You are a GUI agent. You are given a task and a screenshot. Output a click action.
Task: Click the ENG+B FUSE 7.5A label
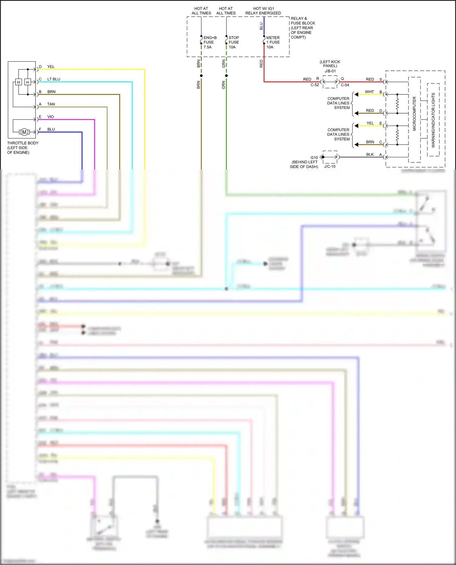[210, 43]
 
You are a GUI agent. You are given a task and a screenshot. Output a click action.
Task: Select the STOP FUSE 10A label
[234, 43]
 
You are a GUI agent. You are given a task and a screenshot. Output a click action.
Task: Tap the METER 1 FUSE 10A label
[273, 43]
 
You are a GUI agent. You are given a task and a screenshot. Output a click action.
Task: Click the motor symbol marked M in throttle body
[24, 132]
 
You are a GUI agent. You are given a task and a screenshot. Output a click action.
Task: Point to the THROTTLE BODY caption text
[22, 148]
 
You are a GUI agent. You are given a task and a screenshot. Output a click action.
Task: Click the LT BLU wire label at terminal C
[54, 79]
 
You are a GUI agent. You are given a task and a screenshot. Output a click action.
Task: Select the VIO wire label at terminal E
[50, 117]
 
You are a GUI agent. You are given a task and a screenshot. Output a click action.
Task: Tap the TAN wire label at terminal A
[51, 104]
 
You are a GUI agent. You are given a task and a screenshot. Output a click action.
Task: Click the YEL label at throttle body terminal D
[51, 67]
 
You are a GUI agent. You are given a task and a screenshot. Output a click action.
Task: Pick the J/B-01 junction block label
[330, 71]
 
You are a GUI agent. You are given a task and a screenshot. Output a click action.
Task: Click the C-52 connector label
[315, 85]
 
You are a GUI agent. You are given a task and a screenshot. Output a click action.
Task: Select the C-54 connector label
[345, 85]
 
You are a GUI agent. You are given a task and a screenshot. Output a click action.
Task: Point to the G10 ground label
[314, 158]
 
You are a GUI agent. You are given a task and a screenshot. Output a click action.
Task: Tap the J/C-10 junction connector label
[330, 166]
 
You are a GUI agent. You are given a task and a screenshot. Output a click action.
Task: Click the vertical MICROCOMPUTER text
[414, 114]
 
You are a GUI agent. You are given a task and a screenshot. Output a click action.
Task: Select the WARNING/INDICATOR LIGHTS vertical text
[433, 120]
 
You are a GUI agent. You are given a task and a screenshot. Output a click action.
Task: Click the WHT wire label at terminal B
[369, 92]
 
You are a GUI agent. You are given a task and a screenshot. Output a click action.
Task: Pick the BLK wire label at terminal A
[370, 155]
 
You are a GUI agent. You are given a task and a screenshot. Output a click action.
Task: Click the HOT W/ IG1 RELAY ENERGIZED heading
[263, 11]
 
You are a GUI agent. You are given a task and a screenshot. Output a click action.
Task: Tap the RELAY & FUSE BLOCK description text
[302, 28]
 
